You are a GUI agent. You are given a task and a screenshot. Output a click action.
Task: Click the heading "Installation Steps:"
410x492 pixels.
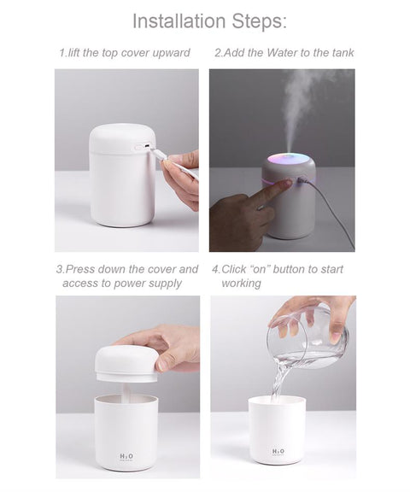click(x=209, y=20)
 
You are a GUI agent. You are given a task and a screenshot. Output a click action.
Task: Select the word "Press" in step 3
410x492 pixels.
click(x=82, y=269)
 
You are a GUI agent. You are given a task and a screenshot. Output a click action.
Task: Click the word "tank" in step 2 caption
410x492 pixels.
click(x=339, y=53)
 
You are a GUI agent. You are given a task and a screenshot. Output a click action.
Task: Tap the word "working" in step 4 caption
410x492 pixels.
click(x=241, y=283)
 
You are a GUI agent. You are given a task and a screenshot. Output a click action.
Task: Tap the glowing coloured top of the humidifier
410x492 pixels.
click(x=288, y=159)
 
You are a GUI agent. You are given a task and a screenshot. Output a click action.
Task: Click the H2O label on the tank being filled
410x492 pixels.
click(x=278, y=452)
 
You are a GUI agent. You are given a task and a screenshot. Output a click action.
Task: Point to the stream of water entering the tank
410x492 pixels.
click(x=279, y=380)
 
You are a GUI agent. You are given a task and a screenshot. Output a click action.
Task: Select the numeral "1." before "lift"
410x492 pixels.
click(x=62, y=53)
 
